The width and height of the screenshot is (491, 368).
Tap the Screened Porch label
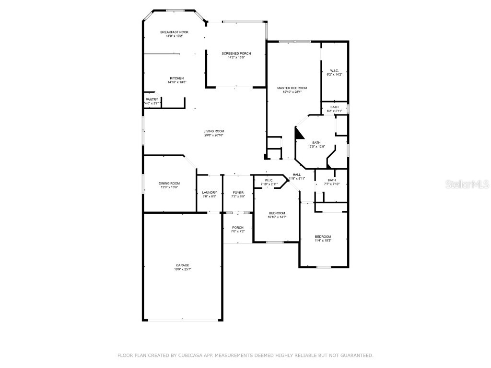pyautogui.click(x=236, y=53)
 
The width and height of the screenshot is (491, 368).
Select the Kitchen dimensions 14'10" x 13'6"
pyautogui.click(x=176, y=82)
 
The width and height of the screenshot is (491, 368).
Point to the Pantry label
pyautogui.click(x=152, y=100)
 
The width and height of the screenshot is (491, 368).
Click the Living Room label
pyautogui.click(x=214, y=131)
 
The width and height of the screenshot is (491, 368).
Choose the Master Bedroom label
pyautogui.click(x=292, y=88)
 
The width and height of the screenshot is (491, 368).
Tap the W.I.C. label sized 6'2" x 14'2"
pyautogui.click(x=334, y=70)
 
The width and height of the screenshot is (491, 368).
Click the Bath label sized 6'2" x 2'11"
pyautogui.click(x=334, y=107)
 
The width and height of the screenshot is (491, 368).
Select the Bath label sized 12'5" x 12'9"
pyautogui.click(x=316, y=142)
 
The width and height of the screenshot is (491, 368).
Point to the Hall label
pyautogui.click(x=297, y=174)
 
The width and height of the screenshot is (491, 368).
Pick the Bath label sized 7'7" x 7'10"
pyautogui.click(x=332, y=180)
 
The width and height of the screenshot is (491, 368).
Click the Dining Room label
pyautogui.click(x=169, y=183)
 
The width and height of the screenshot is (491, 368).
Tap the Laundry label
pyautogui.click(x=210, y=192)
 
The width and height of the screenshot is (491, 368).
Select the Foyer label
pyautogui.click(x=238, y=192)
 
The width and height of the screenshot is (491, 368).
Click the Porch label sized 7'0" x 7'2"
pyautogui.click(x=238, y=228)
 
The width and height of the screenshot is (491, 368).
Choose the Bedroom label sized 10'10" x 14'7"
pyautogui.click(x=277, y=213)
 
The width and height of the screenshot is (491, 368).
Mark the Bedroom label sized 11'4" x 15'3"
pyautogui.click(x=323, y=237)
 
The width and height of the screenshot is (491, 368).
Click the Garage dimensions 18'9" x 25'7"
pyautogui.click(x=182, y=269)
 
